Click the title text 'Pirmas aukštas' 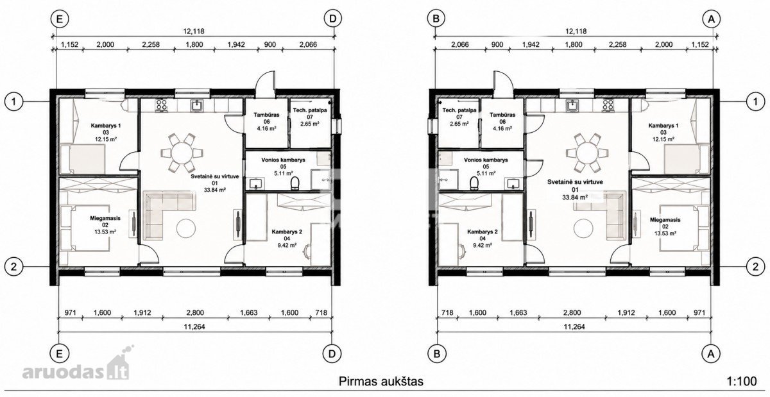point(381,382)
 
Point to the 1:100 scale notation point(742,381)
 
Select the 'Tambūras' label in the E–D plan point(266,115)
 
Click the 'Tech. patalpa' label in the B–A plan point(459,110)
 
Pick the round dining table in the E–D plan point(182,153)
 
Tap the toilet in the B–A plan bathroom point(474,183)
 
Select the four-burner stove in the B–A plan point(608,105)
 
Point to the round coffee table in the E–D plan point(186,228)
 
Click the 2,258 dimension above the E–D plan point(151,44)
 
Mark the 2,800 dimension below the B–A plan point(572,313)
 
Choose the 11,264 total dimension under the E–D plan point(194,326)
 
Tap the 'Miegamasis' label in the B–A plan point(665,220)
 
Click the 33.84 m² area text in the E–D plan point(215,190)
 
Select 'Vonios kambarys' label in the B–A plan point(486,160)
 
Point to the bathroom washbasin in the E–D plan point(256,183)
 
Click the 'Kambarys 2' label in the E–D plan point(287,232)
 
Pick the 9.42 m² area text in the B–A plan point(483,246)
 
